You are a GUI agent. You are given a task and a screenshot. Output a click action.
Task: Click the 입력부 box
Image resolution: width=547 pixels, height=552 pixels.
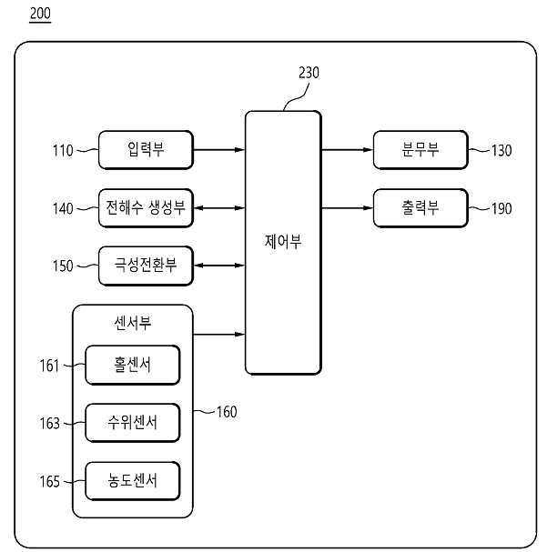point(146,150)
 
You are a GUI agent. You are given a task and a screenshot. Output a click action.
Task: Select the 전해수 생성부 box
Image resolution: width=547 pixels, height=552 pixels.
point(146,208)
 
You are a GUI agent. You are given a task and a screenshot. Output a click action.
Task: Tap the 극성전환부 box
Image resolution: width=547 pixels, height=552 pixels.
point(146,266)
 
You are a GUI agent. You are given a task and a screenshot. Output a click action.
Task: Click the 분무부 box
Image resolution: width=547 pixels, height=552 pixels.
point(420,150)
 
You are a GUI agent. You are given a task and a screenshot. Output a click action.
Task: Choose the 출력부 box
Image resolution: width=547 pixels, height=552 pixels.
point(420,208)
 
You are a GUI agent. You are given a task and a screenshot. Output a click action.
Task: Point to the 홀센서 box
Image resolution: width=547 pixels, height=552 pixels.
point(133,365)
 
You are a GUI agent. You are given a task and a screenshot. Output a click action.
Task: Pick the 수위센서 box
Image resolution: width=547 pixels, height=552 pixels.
point(133,423)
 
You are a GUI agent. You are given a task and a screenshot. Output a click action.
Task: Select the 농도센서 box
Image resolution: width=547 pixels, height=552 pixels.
point(133,481)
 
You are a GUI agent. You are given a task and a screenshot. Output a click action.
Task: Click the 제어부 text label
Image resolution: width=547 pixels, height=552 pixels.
point(283,242)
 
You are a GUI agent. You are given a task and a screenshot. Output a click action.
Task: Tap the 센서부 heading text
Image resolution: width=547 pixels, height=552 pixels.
point(133,323)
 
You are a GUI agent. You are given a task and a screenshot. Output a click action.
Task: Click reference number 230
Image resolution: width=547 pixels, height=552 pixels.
point(309,73)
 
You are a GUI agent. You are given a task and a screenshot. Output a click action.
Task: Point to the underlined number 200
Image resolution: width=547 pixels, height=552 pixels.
point(40,14)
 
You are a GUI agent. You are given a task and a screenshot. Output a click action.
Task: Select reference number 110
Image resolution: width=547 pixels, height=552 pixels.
point(63,150)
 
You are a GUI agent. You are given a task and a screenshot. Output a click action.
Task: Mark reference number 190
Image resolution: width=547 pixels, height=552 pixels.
point(501,208)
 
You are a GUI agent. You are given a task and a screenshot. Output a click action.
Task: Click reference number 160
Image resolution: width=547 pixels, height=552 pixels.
point(227,412)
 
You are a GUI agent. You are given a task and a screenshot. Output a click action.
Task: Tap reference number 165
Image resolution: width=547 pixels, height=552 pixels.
point(50,482)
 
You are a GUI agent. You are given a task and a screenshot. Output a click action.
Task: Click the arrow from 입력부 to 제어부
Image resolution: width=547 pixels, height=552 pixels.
point(219,150)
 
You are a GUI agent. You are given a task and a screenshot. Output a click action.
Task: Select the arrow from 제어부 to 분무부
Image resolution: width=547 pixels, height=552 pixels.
point(348,150)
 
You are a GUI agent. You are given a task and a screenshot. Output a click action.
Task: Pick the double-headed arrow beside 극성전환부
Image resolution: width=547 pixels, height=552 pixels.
point(219,266)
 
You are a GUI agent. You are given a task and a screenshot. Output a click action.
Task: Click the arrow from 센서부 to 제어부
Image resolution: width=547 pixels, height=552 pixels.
point(219,334)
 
